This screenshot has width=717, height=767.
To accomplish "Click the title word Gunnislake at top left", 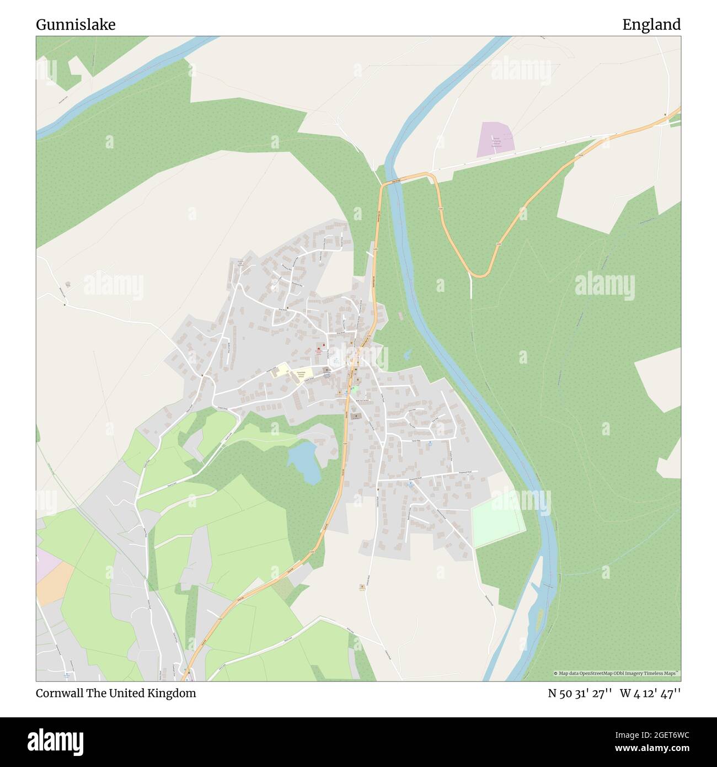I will pos(76,25).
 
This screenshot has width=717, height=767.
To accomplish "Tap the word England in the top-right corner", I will pos(651,25).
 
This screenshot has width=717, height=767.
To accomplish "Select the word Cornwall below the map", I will pos(60,694).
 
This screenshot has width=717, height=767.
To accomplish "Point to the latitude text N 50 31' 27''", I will pos(580,694).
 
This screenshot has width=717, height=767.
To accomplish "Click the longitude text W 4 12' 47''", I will pos(650,694).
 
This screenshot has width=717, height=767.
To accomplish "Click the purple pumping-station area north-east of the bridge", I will pos(496,138).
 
